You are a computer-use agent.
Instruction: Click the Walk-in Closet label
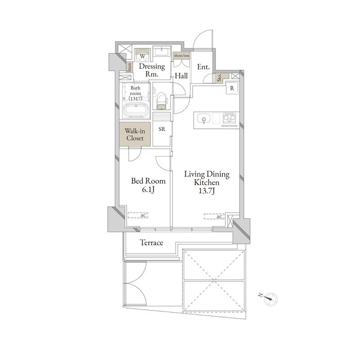[135, 135]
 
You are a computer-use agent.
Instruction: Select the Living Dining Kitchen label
[207, 182]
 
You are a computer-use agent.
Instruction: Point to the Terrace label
[152, 243]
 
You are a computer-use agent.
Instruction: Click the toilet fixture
[162, 101]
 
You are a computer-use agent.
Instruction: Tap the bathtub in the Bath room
[136, 110]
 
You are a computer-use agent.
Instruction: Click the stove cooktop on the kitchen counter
[229, 119]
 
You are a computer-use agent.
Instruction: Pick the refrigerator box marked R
[232, 88]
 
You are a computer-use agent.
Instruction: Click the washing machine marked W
[142, 56]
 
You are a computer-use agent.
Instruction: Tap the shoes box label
[181, 55]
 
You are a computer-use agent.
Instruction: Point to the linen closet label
[130, 67]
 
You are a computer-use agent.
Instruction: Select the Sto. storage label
[219, 78]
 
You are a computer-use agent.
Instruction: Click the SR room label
[162, 129]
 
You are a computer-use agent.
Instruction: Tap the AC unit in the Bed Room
[138, 216]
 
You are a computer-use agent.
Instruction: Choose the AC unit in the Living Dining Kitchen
[214, 216]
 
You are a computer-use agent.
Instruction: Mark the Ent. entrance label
[203, 67]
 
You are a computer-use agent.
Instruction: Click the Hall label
[181, 76]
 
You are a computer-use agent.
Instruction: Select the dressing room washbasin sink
[162, 51]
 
